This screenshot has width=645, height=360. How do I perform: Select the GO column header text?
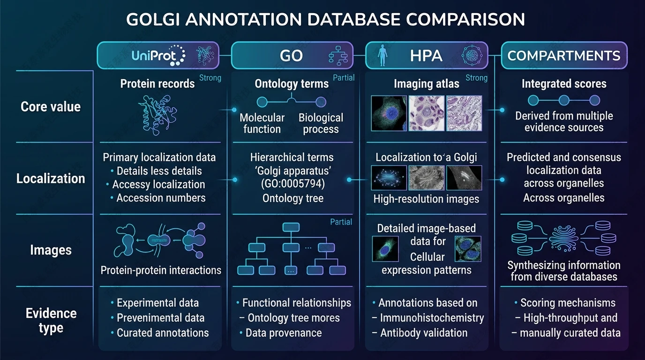click(291, 56)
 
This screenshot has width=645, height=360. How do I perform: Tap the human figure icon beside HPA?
click(382, 55)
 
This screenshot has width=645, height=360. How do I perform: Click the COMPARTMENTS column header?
click(564, 56)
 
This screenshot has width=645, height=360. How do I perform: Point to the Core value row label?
click(51, 106)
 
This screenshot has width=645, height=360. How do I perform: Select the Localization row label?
click(51, 178)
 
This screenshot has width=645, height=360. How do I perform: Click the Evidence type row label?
click(51, 321)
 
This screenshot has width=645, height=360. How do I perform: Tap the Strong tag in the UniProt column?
click(210, 78)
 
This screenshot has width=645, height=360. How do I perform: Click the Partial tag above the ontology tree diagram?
click(341, 222)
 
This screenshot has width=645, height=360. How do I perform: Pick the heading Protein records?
click(157, 83)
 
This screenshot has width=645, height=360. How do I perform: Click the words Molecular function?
click(262, 123)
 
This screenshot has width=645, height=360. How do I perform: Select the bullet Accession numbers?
click(161, 198)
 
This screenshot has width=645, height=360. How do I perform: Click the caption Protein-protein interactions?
click(161, 270)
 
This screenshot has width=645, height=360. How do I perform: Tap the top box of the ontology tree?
click(291, 227)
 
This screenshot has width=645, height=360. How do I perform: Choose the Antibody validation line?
click(424, 333)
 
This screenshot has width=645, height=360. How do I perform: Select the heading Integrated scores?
click(564, 84)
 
